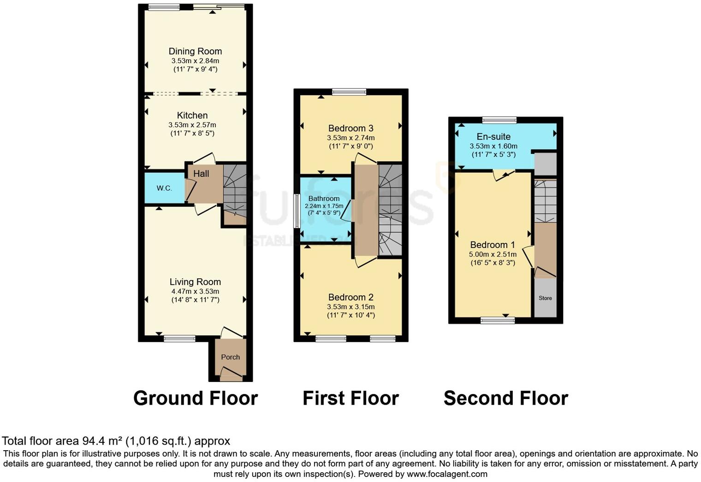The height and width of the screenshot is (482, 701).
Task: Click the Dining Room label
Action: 195,51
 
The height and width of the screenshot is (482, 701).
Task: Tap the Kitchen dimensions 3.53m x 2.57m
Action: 192,125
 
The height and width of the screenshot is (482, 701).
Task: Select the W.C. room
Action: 164,188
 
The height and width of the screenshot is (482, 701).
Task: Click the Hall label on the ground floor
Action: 201,174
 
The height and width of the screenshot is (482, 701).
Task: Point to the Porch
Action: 230,357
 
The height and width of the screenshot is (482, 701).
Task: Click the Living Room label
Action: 195,282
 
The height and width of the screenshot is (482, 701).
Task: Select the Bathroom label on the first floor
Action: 324,199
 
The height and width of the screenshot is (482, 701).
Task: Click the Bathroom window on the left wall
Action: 297,211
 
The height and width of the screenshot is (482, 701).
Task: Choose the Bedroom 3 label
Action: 350,128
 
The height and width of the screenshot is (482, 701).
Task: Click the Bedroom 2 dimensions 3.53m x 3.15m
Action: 350,307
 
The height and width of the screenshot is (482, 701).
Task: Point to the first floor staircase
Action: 390,210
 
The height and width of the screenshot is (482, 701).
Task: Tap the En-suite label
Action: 493,136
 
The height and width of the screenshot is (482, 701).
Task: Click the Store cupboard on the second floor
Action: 545,298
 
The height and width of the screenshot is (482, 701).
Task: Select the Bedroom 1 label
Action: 493,245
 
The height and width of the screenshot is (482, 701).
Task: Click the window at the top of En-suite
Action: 499,121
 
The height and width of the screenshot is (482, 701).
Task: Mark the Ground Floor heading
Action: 196,398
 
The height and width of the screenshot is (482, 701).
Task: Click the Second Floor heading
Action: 505,398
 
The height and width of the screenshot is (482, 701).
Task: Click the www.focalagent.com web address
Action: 446,474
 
